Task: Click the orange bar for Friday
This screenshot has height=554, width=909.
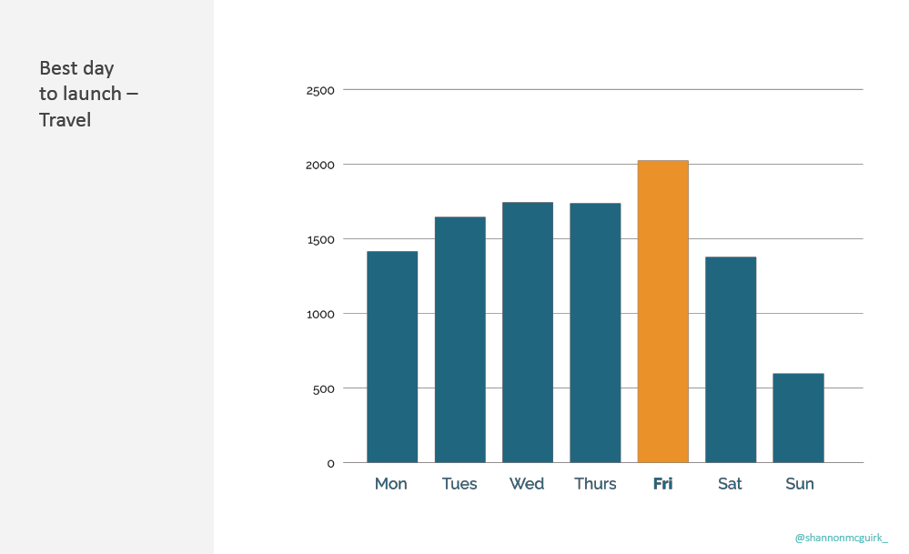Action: coord(662,311)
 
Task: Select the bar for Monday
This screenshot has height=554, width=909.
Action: coord(392,357)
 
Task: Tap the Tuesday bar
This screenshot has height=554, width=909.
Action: coord(460,339)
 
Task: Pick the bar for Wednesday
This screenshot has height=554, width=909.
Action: coord(528,332)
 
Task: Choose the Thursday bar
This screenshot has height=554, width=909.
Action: coord(595,333)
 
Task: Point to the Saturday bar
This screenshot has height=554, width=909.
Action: coord(731,359)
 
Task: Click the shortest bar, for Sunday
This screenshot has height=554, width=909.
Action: coord(798,418)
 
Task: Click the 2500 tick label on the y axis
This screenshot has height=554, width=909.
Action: coord(320,90)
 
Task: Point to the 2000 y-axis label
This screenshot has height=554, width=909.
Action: coord(320,165)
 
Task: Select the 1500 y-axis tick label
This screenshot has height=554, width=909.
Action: coord(320,239)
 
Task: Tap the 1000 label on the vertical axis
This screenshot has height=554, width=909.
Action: coord(320,314)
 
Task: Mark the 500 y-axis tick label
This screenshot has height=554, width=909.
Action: coord(324,388)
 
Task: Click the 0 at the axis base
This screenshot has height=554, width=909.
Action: coord(330,463)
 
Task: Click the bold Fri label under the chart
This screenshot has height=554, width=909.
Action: coord(662,484)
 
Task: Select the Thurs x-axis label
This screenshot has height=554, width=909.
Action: coord(595,484)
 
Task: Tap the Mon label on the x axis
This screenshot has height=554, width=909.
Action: coord(391,484)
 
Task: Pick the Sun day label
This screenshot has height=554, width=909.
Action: coord(799,484)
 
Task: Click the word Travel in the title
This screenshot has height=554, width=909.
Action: coord(65,119)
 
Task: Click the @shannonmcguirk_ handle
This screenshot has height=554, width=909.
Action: coord(841,538)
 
